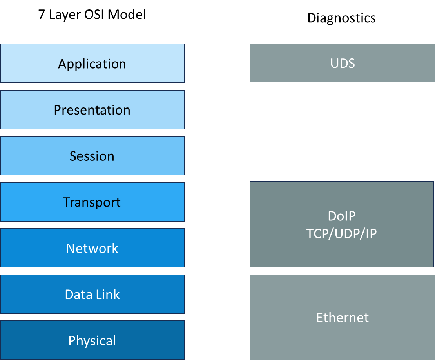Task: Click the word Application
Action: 92,64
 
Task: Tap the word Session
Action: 92,156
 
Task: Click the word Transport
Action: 92,202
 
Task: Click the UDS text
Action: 343,64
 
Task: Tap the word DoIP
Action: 343,216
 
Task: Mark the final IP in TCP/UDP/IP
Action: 371,234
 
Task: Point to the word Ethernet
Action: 343,317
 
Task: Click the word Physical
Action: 92,340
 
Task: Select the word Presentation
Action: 92,110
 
